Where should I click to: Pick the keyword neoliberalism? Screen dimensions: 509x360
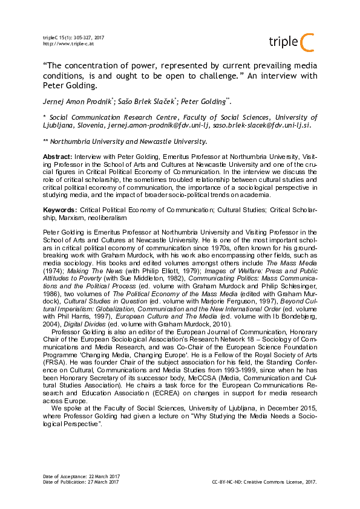coord(109,216)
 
